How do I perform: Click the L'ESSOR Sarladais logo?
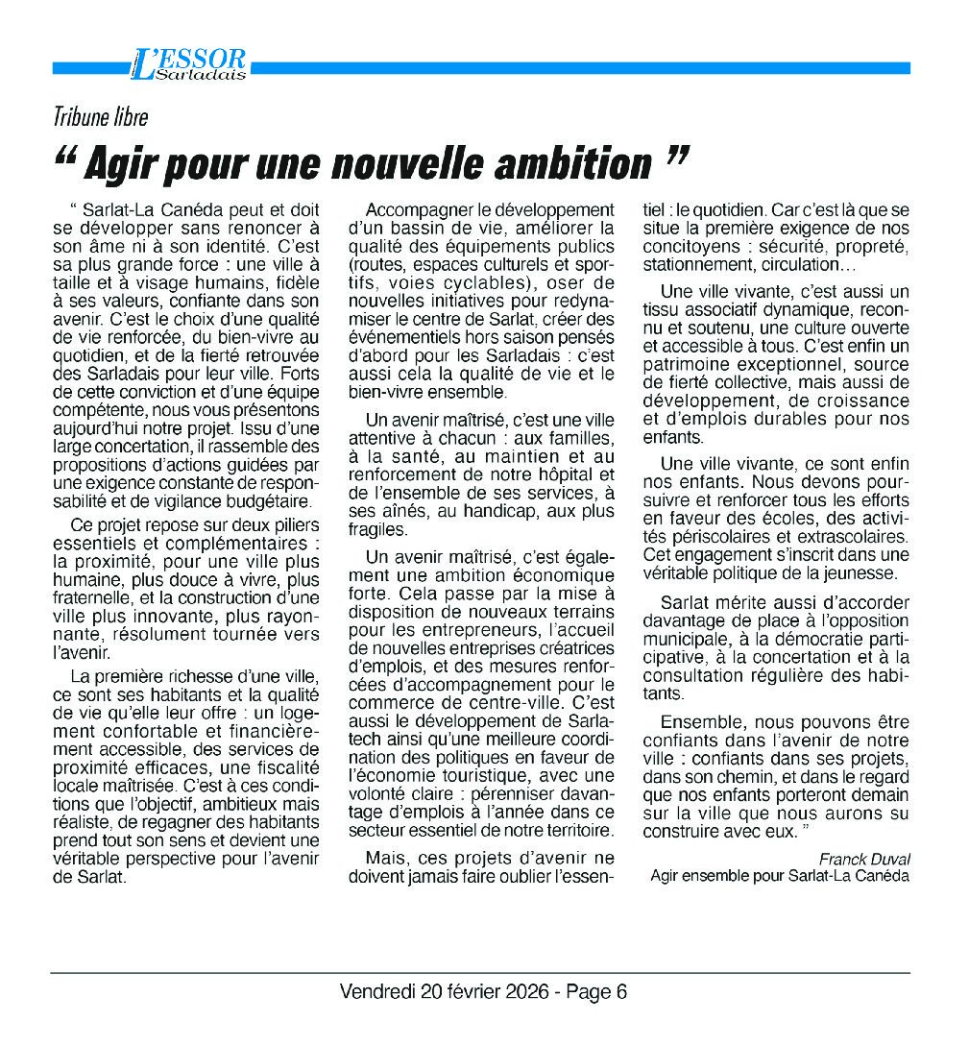tap(188, 64)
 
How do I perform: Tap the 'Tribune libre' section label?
tap(101, 117)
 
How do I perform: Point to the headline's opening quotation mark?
tap(68, 154)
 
